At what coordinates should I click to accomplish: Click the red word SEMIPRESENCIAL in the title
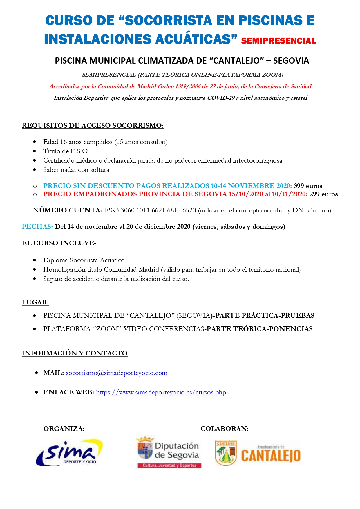point(278,41)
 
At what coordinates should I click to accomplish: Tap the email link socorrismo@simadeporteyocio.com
point(117,373)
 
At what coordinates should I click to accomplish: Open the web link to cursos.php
point(161,392)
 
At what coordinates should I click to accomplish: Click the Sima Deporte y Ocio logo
point(69,453)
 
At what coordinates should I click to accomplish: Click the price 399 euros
point(308,186)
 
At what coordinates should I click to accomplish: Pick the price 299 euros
point(323,194)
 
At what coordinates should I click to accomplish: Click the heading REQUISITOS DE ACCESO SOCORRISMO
point(93,126)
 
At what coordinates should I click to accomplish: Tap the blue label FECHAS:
point(37,227)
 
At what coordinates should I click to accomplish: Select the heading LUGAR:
point(35,302)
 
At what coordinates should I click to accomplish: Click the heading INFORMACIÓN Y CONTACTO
point(75,353)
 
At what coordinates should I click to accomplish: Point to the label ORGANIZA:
point(64,429)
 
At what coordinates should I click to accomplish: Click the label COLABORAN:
point(225,429)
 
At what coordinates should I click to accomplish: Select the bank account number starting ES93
point(150,210)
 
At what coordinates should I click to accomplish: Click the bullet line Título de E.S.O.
point(66,151)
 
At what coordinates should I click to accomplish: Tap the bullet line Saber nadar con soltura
point(76,170)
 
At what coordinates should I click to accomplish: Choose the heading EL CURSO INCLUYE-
point(59,243)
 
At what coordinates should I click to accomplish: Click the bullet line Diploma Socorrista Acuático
point(84,260)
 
